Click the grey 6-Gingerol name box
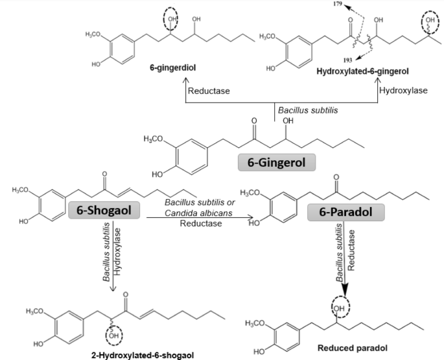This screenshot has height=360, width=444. (x=277, y=161)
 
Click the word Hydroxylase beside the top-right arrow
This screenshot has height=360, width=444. (x=407, y=91)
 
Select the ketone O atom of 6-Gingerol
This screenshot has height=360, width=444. (x=254, y=121)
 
